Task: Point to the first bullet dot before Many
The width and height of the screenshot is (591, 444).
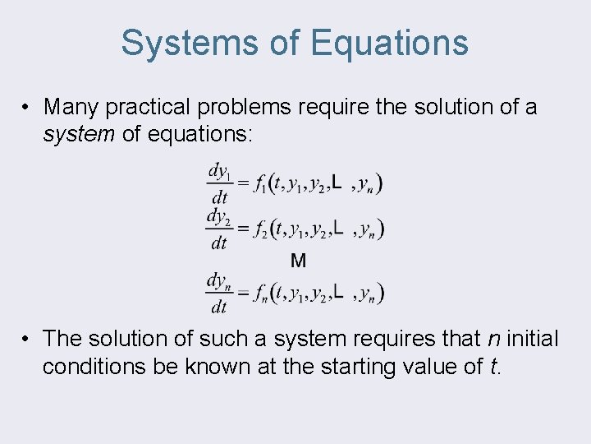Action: click(27, 107)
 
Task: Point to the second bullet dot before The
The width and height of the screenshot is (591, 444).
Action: click(27, 338)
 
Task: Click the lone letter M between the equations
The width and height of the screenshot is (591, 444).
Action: click(299, 261)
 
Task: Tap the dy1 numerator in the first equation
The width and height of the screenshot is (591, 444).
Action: click(219, 172)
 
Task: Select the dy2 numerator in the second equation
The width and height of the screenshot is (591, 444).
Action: click(219, 217)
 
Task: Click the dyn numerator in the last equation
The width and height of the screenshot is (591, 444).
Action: click(218, 281)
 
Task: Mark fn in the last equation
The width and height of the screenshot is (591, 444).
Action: click(262, 294)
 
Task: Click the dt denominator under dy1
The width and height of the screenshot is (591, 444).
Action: click(219, 197)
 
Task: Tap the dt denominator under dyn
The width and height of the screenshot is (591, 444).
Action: click(219, 307)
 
